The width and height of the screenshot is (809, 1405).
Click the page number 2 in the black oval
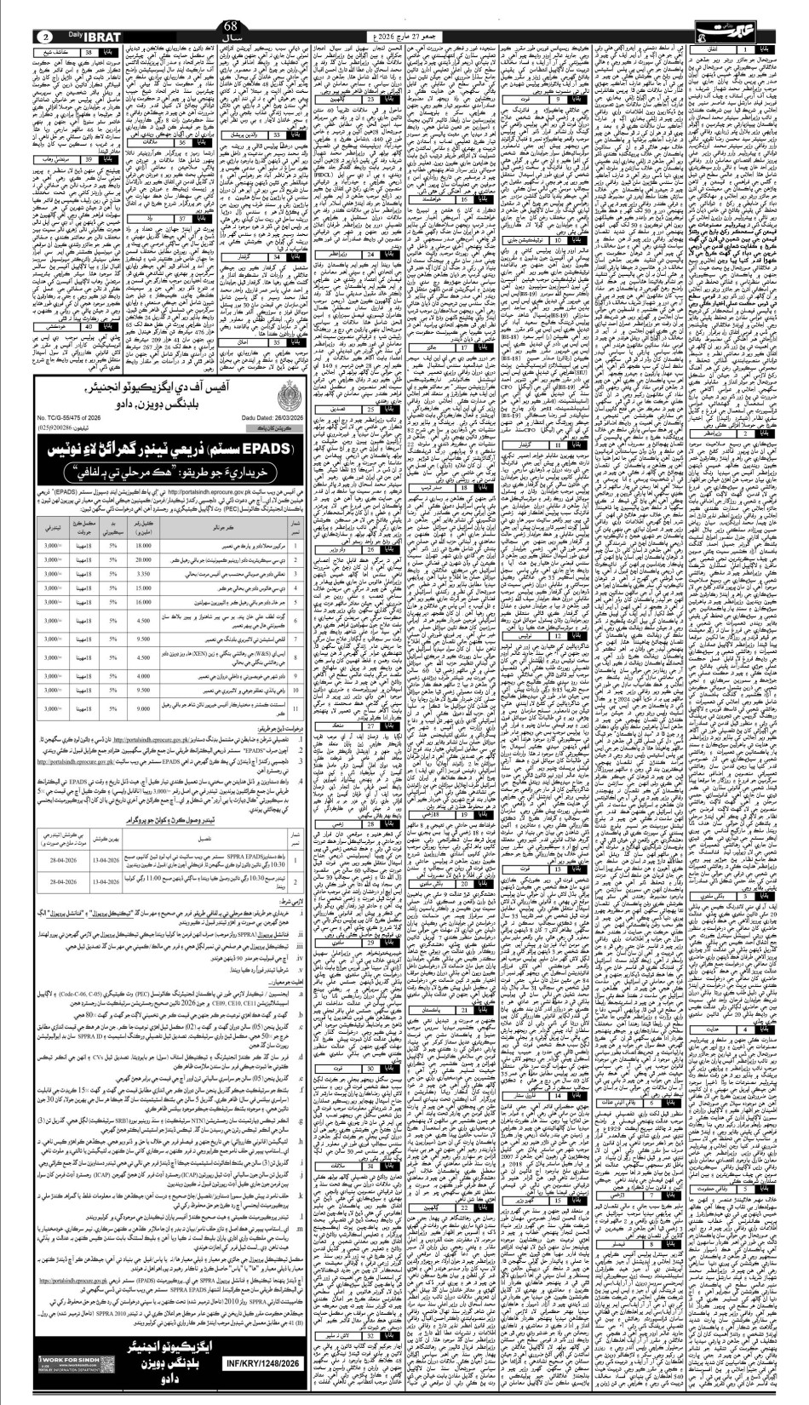point(45,37)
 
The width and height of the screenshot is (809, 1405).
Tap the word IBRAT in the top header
point(106,37)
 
